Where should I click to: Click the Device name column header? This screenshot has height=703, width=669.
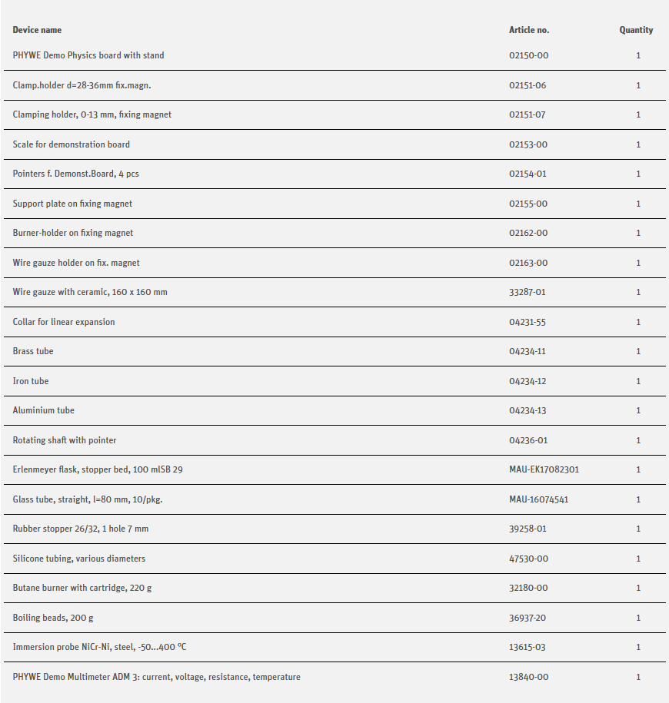[x=37, y=30]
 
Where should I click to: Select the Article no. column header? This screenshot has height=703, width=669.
[x=529, y=30]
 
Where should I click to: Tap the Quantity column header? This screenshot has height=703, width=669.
[x=636, y=30]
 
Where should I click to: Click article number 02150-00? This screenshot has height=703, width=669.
[x=528, y=55]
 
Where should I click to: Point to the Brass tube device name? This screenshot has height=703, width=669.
[x=33, y=351]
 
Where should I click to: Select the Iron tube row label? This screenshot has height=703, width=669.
[x=31, y=381]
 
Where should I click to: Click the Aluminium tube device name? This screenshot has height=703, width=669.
[x=44, y=410]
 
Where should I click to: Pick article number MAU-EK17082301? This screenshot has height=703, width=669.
[x=544, y=469]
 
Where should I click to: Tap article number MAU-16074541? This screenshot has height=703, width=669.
[x=539, y=499]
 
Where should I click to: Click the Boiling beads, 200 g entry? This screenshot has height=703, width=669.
[x=53, y=618]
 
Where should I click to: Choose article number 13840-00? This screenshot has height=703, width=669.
[x=528, y=677]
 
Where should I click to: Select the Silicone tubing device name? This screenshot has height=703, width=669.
[x=79, y=559]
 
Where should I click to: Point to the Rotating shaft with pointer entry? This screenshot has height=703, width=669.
[x=65, y=440]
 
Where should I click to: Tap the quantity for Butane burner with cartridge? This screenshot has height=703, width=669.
[x=638, y=588]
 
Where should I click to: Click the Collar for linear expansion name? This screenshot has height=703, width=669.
[x=64, y=322]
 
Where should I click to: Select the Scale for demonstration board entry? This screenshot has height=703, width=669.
[x=72, y=144]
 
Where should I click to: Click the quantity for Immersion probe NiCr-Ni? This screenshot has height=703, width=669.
[x=638, y=647]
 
